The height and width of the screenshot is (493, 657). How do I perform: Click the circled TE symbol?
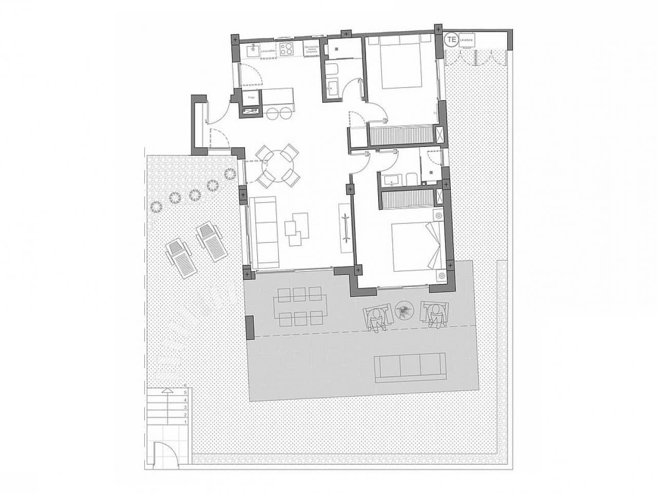coord(452,39)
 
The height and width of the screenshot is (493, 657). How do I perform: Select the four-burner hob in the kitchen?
coord(286,49)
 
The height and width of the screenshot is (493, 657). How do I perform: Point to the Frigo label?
coord(252,97)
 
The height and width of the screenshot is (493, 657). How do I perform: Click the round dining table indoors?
coord(278,166)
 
